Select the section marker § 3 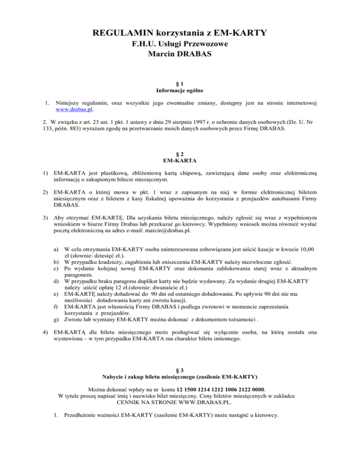180,369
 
